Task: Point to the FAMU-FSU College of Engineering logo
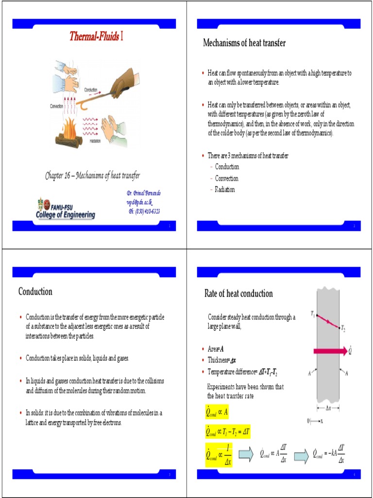[x=66, y=208]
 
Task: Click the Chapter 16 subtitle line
[x=93, y=176]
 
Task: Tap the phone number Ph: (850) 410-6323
[x=144, y=211]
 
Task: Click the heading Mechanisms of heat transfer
[x=244, y=43]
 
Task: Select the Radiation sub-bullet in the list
[x=225, y=190]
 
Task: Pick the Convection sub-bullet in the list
[x=226, y=178]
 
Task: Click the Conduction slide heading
[x=35, y=292]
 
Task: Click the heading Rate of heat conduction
[x=238, y=294]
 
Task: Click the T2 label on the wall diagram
[x=343, y=328]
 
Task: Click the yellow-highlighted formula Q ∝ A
[x=217, y=413]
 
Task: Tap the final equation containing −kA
[x=329, y=453]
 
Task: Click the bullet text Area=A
[x=216, y=349]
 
